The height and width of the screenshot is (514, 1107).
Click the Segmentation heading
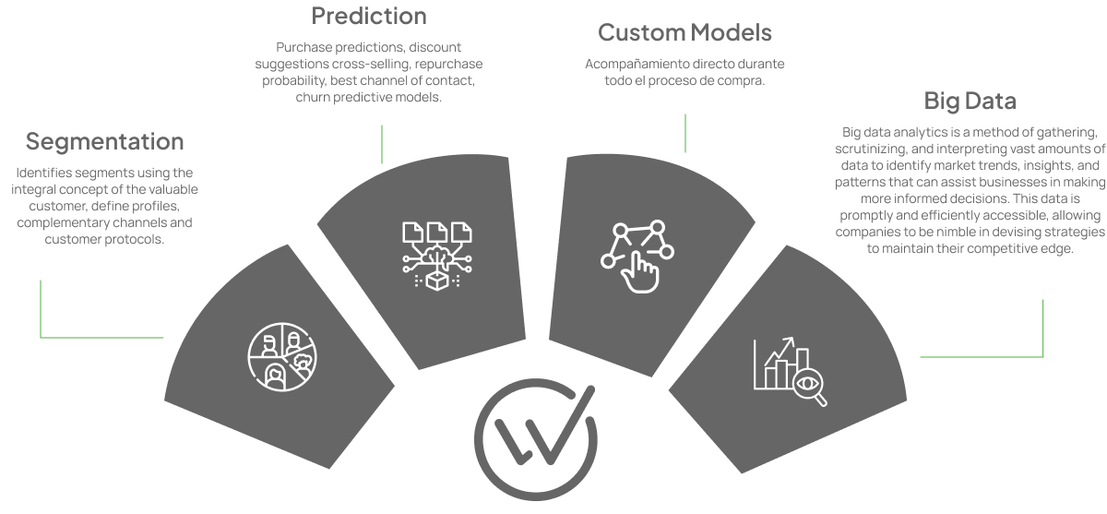(104, 142)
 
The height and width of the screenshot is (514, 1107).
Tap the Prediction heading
(368, 16)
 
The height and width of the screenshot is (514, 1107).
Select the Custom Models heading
(684, 33)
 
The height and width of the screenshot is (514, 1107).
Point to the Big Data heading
(970, 101)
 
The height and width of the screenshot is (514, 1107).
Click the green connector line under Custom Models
(685, 133)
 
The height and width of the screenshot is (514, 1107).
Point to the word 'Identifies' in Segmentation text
(45, 173)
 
